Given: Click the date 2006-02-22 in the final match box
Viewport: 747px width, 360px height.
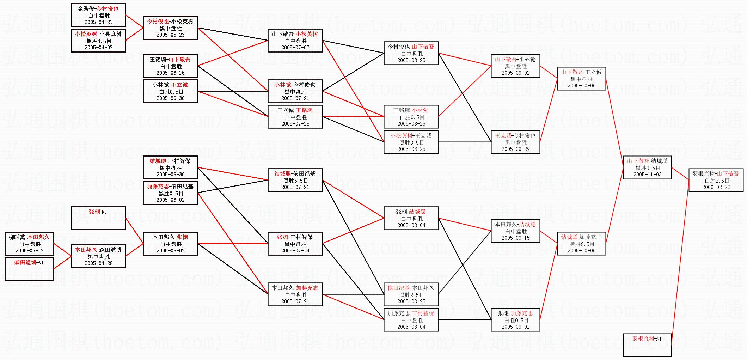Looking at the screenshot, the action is point(716,187).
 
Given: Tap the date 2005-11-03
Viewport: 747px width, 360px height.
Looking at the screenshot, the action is point(647,175).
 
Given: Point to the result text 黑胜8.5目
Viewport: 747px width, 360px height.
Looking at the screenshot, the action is point(581,244).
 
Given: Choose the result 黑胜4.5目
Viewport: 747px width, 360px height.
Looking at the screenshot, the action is point(98,41).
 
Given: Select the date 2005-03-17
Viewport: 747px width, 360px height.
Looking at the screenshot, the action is point(30,251).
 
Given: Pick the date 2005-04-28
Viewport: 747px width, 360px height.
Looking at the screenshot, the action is point(98,263).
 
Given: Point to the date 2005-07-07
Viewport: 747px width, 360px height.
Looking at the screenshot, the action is point(295,48).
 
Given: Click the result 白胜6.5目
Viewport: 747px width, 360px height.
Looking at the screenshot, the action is point(411,117).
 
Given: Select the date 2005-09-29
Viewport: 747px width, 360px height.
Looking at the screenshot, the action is point(515,149).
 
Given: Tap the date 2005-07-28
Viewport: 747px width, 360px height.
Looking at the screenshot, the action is point(295,124).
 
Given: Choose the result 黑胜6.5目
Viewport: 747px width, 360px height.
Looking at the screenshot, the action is point(295,181).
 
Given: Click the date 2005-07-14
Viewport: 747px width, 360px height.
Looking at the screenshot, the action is point(295,251).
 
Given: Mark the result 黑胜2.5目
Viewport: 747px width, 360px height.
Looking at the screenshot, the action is point(411,295).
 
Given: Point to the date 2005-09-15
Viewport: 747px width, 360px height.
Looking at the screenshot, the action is point(515,238).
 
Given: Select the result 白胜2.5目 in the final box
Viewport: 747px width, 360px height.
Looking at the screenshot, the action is point(716,181).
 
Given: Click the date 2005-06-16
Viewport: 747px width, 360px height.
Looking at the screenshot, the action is point(170,73).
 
